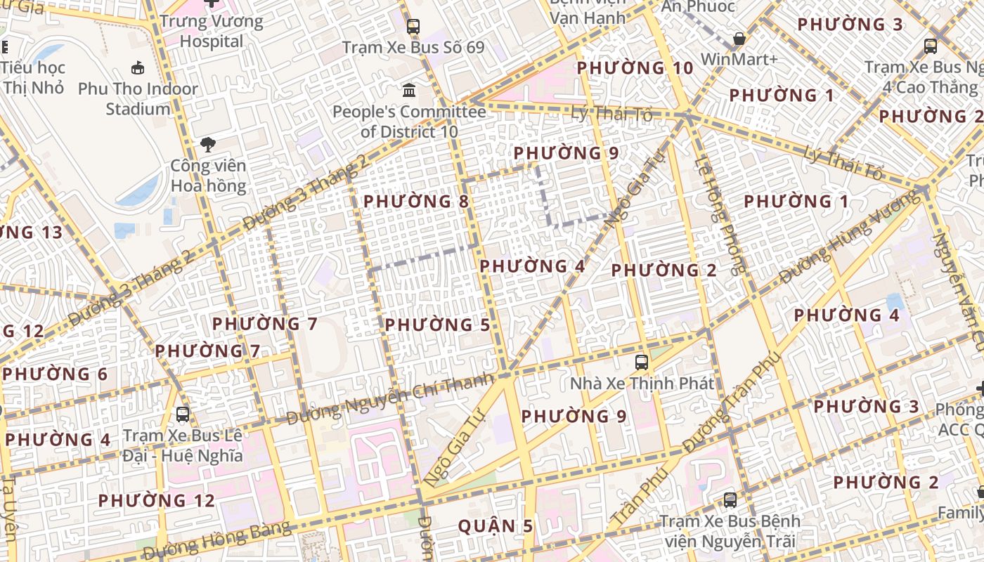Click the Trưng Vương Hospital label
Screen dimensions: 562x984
pos(211,31)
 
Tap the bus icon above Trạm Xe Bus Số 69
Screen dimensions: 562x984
pos(413,27)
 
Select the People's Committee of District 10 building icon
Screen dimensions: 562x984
pos(409,90)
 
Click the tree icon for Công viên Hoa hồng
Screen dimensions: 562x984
pos(208,145)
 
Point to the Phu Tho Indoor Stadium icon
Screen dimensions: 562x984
pos(138,68)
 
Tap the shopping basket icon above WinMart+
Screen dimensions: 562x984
pos(739,39)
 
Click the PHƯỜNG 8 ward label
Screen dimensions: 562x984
pos(415,202)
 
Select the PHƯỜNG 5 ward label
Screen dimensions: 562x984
pos(437,325)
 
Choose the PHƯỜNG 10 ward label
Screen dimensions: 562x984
pos(635,68)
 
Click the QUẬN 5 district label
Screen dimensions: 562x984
pos(496,525)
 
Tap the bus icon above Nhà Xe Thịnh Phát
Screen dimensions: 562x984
pos(641,362)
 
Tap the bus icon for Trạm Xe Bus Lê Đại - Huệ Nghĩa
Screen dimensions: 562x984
pos(183,414)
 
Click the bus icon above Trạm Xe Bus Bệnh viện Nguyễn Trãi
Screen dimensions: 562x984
pos(730,500)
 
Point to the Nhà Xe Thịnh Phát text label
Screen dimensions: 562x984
pos(642,384)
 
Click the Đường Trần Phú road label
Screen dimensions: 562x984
pos(731,403)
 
